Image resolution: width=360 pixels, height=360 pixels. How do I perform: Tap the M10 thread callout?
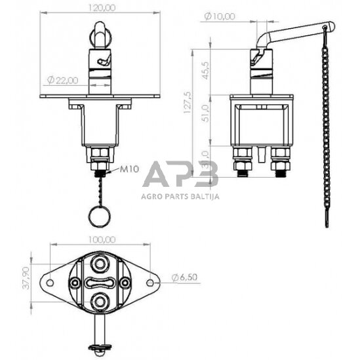129,170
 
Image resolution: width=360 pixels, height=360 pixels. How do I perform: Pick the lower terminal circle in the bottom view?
100,302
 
